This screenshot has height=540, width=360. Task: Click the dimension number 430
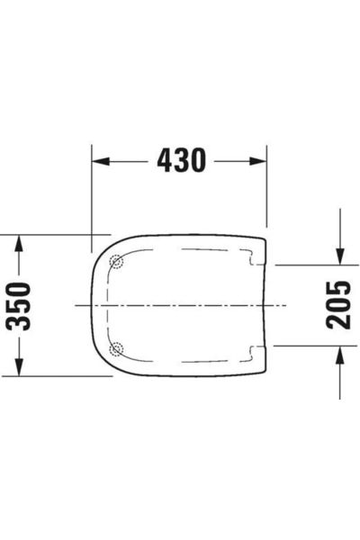click(x=181, y=161)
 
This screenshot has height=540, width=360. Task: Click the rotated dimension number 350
click(x=20, y=305)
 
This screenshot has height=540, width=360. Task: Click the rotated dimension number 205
click(x=338, y=305)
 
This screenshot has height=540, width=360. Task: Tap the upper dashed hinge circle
click(x=115, y=263)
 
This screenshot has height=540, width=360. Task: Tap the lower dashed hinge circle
click(x=115, y=348)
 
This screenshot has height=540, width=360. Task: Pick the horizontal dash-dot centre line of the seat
click(x=180, y=306)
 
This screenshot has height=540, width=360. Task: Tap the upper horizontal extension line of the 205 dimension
click(x=306, y=265)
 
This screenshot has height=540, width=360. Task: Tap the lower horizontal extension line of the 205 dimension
click(x=306, y=345)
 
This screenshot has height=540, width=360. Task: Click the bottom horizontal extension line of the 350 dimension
click(x=54, y=376)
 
